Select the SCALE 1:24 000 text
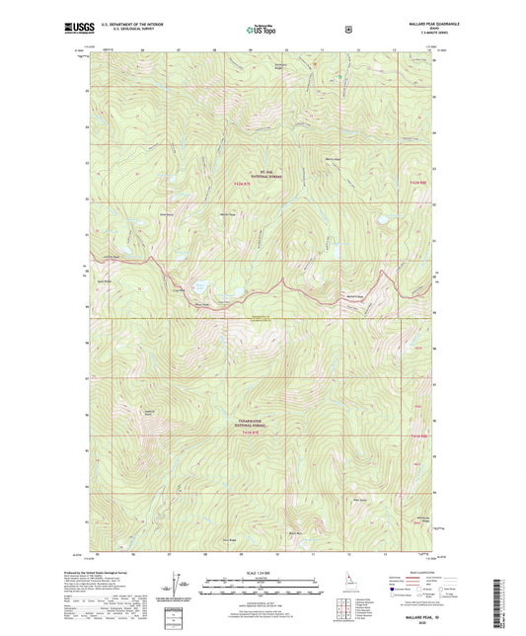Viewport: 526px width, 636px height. tap(261, 573)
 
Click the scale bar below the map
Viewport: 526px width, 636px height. tap(261, 585)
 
